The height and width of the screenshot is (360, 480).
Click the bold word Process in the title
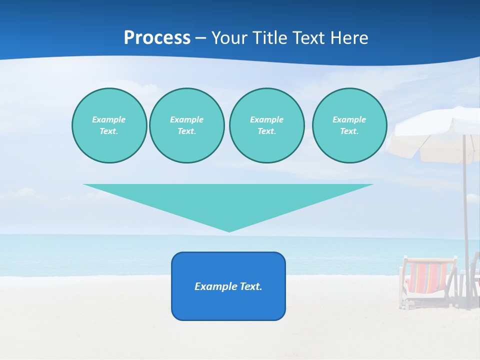157,38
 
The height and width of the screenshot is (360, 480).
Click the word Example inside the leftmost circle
109,119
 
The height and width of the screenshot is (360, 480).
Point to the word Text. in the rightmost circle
349,131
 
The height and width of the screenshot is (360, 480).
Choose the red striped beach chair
427,278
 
